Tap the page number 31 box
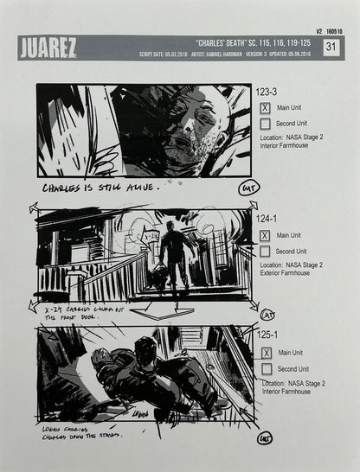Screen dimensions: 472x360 pos(331,48)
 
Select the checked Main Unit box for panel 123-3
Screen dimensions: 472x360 pos(266,108)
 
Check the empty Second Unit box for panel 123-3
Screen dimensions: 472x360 pos(266,124)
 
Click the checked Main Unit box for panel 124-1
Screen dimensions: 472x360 pos(266,235)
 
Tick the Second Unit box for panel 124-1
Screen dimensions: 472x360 pos(266,251)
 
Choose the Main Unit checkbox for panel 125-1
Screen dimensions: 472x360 pos(266,353)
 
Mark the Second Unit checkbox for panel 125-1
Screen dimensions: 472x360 pos(266,369)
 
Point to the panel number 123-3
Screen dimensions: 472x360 pos(267,91)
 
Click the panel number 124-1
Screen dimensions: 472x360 pos(267,218)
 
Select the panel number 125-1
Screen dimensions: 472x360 pos(267,335)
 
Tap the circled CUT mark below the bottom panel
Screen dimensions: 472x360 pos(264,438)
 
